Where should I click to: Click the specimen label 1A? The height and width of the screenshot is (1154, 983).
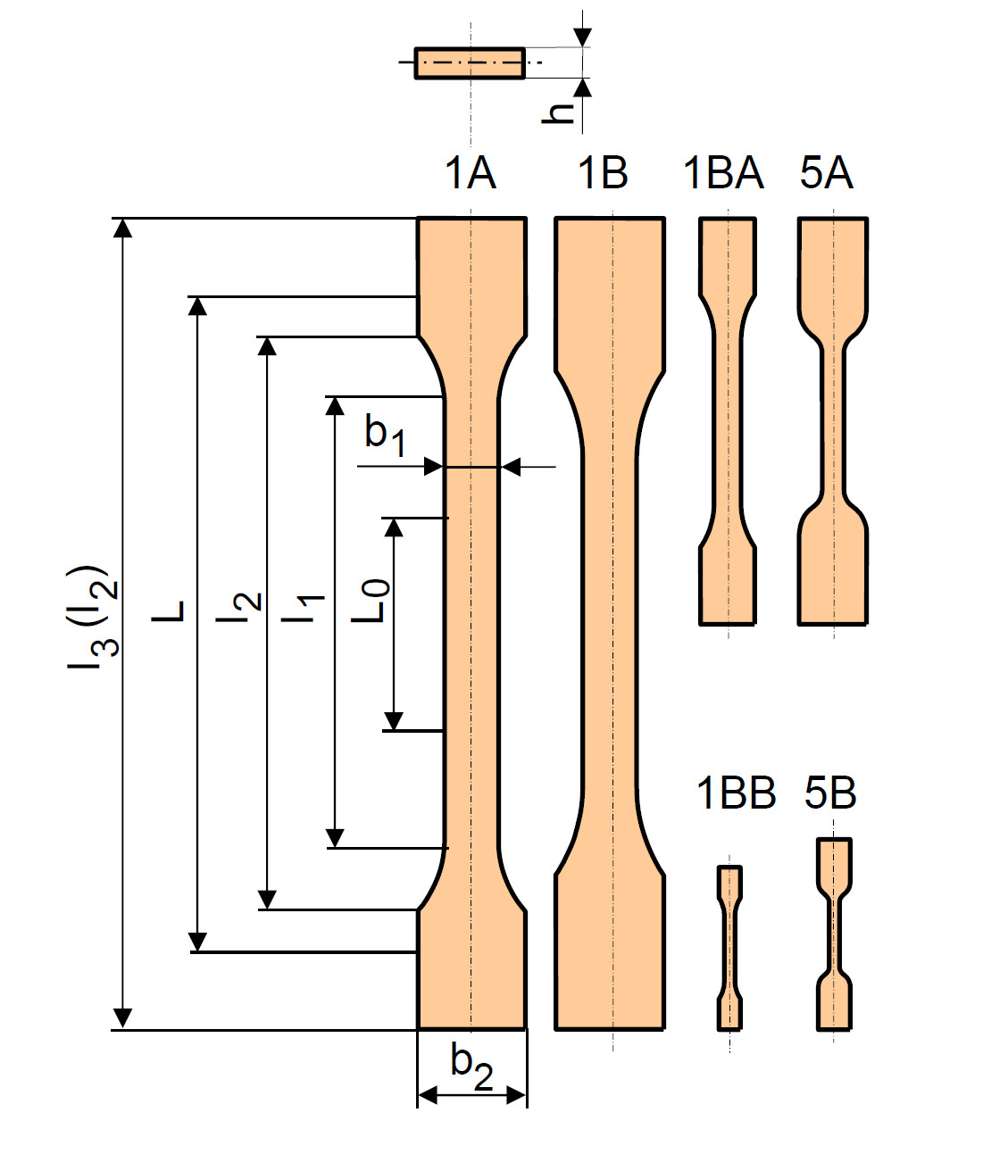[x=471, y=173]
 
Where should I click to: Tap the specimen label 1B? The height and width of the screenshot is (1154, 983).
[x=603, y=173]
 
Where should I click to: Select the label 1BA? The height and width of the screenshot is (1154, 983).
[x=724, y=173]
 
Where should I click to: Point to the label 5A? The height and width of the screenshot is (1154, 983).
[x=827, y=173]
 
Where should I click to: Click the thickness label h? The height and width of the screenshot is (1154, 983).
[x=558, y=113]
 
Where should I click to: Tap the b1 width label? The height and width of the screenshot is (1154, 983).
[x=385, y=436]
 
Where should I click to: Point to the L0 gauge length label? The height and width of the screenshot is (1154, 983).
[x=371, y=600]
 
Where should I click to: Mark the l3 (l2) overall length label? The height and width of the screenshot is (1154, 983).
[x=93, y=618]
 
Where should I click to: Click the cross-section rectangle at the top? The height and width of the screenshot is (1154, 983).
[x=470, y=63]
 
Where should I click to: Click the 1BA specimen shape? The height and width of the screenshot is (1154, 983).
[x=728, y=421]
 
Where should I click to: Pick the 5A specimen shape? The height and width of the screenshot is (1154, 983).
[x=833, y=421]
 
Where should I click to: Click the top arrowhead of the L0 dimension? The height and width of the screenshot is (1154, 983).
[x=395, y=528]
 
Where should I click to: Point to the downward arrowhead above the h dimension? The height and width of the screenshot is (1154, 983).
[x=582, y=38]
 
